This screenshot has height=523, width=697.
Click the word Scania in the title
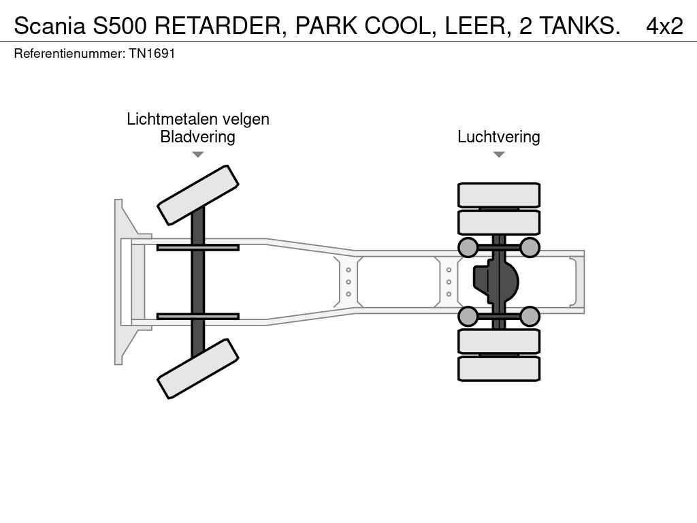49,26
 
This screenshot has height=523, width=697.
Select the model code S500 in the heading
120,26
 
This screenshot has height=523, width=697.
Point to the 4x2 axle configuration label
664,26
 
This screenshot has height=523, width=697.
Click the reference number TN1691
152,53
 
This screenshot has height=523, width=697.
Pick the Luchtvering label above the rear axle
499,136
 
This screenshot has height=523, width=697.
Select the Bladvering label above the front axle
198,136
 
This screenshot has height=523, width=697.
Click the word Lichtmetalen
172,118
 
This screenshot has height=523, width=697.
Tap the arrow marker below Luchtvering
499,155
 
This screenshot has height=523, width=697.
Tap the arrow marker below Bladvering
198,155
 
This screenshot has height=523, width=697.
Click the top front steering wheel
198,195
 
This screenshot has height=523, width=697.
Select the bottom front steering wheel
198,368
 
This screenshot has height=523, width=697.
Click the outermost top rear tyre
499,195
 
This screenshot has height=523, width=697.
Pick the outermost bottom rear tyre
499,368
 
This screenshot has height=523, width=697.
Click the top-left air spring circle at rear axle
468,247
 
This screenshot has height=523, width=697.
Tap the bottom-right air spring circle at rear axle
530,317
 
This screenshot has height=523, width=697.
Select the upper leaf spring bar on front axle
198,248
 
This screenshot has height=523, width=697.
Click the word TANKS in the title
580,26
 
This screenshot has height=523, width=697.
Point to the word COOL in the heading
398,26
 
